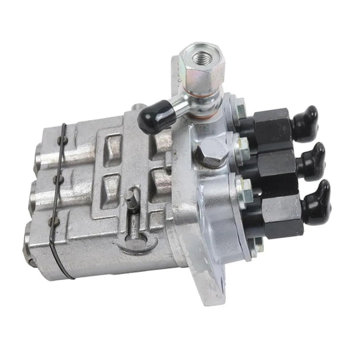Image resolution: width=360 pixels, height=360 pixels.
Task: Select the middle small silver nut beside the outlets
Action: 241,143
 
